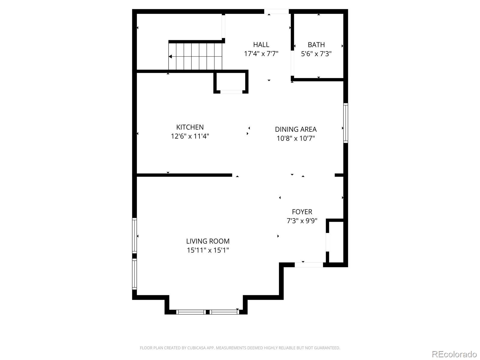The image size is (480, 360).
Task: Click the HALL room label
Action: pos(261,45)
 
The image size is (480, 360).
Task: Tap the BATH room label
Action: pos(316,45)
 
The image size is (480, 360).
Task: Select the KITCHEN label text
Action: pos(190,127)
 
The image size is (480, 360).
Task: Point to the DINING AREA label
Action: pos(296,129)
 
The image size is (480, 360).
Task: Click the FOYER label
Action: pos(302,211)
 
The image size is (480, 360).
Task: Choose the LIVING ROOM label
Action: pos(208,241)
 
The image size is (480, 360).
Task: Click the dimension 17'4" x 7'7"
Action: pos(261,54)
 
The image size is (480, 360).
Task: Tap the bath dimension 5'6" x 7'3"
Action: pos(316,54)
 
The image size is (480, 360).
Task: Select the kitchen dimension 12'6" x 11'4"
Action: pos(190,136)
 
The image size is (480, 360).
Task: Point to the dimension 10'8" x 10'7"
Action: pos(296,138)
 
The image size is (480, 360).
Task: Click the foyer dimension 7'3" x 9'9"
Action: pos(302,220)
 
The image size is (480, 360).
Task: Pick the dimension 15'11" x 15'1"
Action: pos(208,250)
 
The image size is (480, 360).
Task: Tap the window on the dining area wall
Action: pos(346,123)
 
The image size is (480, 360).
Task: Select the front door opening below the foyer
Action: pos(309,265)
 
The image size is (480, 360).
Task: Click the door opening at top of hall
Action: pos(276,11)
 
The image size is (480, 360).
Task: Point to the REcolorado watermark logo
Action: pos(454,354)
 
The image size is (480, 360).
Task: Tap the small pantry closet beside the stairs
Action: pos(231,82)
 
